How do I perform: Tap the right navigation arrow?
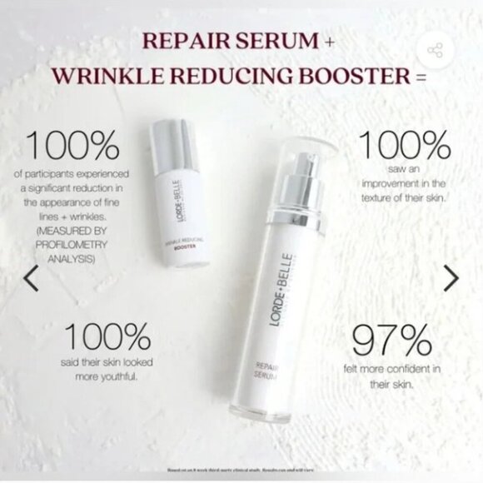tap(451, 278)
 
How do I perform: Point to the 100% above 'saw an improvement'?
tap(402, 147)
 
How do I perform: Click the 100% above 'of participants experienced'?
tap(73, 147)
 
